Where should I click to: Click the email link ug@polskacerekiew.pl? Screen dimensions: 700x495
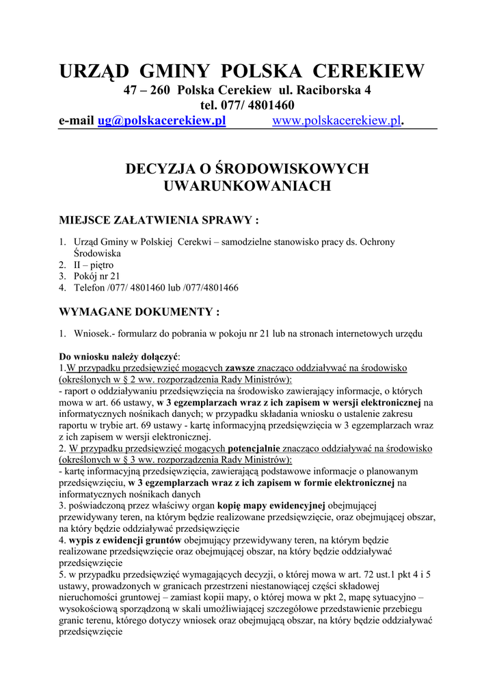pos(161,121)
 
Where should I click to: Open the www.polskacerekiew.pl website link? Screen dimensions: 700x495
pos(336,121)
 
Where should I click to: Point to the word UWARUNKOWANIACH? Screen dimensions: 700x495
pos(247,185)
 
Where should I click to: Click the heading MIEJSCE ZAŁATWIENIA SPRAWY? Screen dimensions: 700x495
pos(159,220)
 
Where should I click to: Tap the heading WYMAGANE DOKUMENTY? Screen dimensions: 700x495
pos(139,312)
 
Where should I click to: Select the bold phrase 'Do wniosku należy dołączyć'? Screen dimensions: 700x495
pos(119,357)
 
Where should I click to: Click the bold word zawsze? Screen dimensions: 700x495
pos(245,368)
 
